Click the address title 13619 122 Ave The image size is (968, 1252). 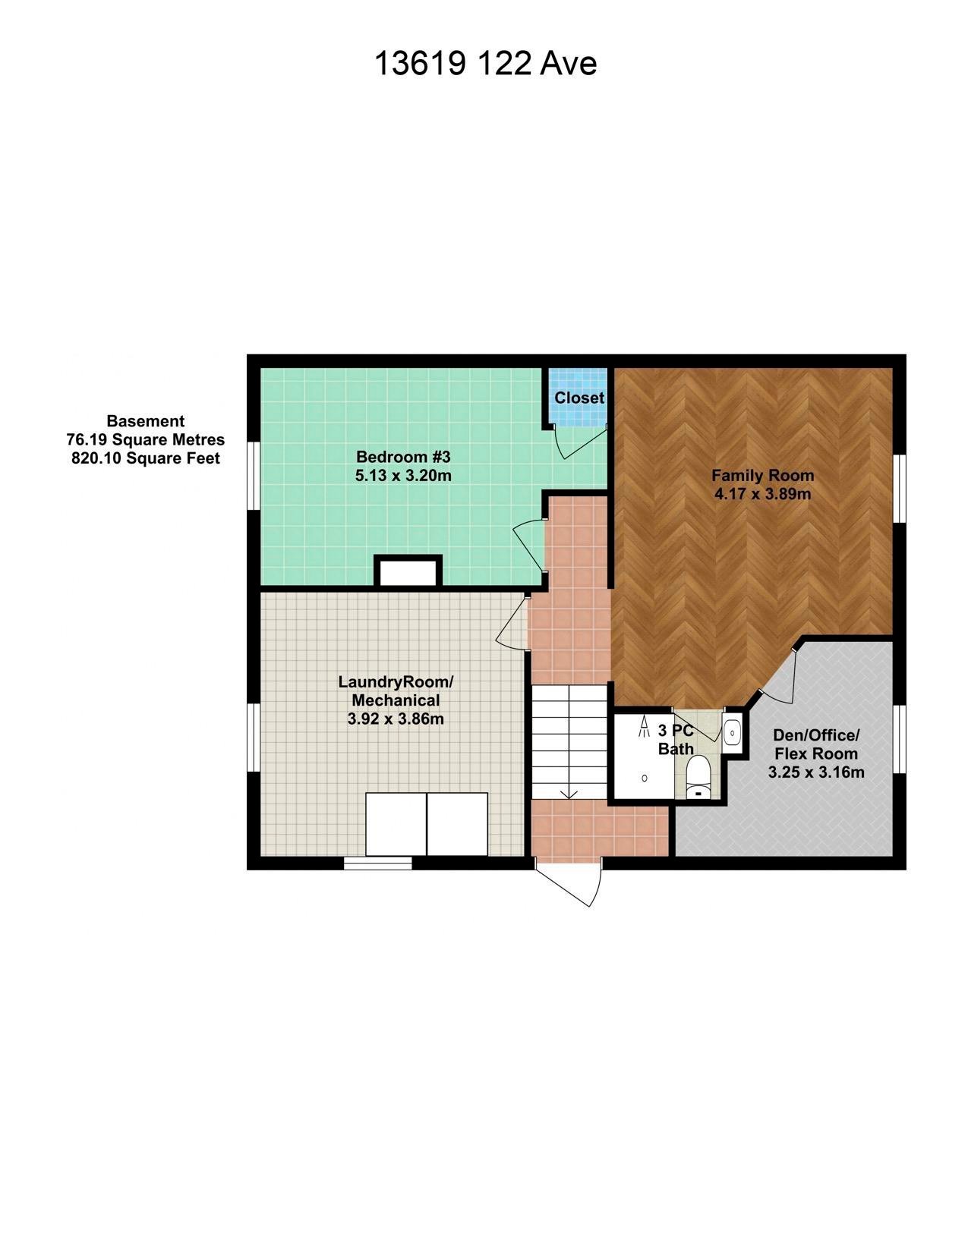click(485, 63)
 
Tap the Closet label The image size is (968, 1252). click(579, 398)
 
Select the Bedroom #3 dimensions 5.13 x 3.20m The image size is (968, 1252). click(403, 476)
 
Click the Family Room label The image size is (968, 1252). click(763, 475)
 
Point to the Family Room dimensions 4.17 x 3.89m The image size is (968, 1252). click(763, 494)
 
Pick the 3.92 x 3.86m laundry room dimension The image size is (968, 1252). click(396, 719)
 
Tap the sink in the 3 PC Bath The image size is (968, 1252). click(732, 733)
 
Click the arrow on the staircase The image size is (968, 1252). click(569, 794)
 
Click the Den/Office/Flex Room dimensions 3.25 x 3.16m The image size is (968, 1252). click(816, 772)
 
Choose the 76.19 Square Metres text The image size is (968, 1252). click(145, 439)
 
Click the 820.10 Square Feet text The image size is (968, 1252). click(145, 458)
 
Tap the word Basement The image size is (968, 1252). click(145, 420)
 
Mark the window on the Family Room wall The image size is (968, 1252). click(899, 488)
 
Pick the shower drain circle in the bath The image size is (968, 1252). click(645, 779)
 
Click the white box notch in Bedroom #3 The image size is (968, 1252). click(408, 571)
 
